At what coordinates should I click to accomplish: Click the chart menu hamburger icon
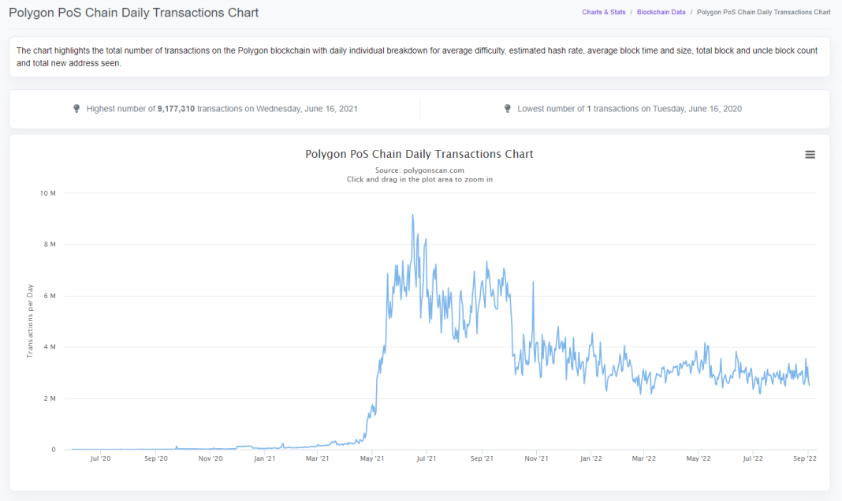[810, 155]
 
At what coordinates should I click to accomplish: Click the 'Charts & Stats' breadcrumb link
[603, 13]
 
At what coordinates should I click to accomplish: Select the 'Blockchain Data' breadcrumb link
[661, 13]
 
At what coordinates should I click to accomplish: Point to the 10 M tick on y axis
[48, 193]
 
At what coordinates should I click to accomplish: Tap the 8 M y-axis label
[50, 245]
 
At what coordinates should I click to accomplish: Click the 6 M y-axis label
[50, 296]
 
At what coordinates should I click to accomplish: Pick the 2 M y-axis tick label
[50, 398]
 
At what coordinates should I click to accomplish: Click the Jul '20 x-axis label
[100, 458]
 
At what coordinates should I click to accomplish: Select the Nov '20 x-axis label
[210, 458]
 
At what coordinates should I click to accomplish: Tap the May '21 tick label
[371, 458]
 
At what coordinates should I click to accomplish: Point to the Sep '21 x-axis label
[481, 458]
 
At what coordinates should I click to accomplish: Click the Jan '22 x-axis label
[591, 458]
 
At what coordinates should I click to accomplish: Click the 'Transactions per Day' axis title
[30, 321]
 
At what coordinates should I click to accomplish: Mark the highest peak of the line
[412, 215]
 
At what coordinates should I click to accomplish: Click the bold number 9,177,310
[176, 109]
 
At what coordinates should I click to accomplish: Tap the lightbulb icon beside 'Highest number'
[76, 109]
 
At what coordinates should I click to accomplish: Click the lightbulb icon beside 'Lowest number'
[507, 109]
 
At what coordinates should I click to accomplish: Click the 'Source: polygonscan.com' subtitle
[419, 170]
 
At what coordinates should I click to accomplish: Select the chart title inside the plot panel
[419, 154]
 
